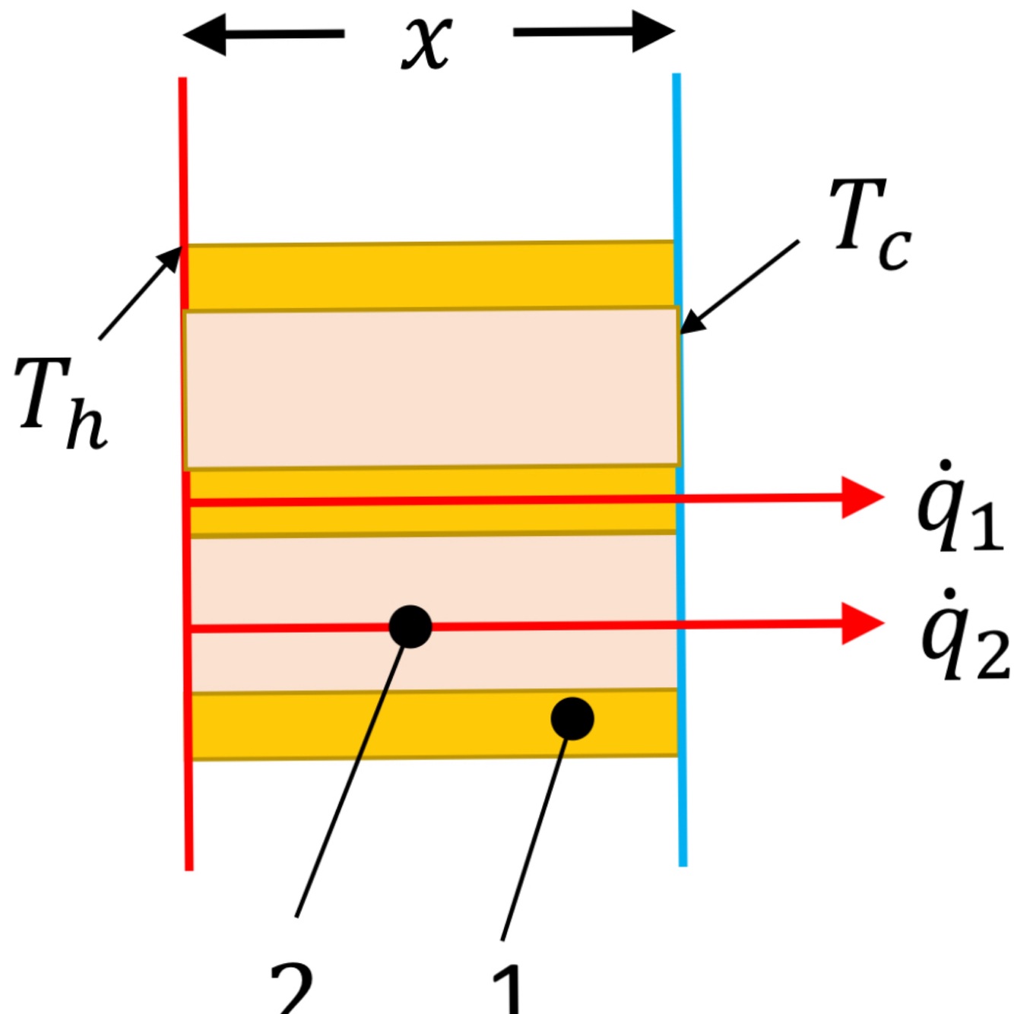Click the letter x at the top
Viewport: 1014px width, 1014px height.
[x=427, y=43]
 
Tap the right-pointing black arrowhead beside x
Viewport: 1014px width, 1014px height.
[x=653, y=32]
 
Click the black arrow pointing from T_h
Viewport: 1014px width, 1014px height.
[x=141, y=293]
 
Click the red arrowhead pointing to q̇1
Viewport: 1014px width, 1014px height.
[x=862, y=498]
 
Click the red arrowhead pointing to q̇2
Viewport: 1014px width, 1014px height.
[x=862, y=624]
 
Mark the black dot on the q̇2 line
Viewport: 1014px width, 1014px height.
[x=410, y=627]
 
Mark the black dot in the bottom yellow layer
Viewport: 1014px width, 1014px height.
[x=572, y=718]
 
